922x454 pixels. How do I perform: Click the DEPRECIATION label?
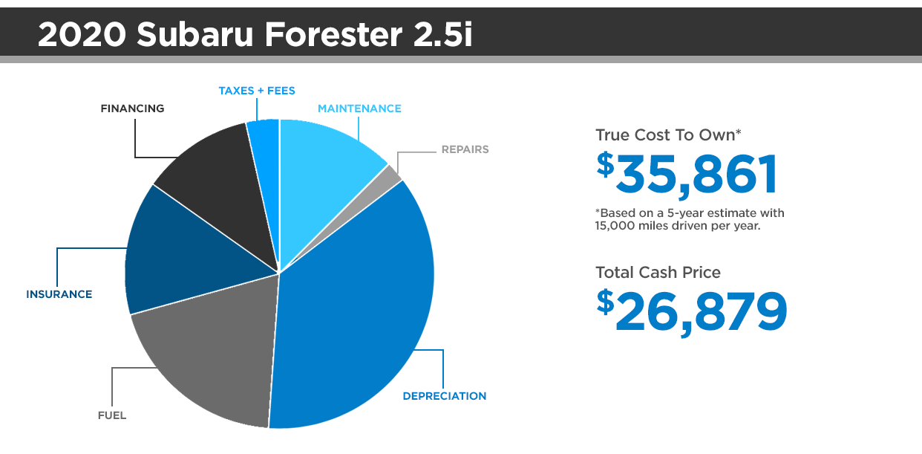click(445, 396)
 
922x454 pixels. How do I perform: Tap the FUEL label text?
click(112, 415)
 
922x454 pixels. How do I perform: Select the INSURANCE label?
click(59, 294)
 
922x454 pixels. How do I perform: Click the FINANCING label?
click(133, 108)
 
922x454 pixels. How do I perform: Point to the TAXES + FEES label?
click(257, 91)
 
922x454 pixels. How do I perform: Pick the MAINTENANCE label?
click(359, 108)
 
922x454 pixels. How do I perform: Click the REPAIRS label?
click(465, 149)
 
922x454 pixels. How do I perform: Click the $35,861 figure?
click(687, 174)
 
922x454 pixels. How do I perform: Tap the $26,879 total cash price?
click(692, 311)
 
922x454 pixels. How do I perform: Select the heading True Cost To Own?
click(668, 135)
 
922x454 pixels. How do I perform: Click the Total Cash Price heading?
click(658, 272)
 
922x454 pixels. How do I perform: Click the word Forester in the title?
click(333, 35)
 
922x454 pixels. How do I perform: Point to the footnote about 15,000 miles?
click(690, 219)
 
